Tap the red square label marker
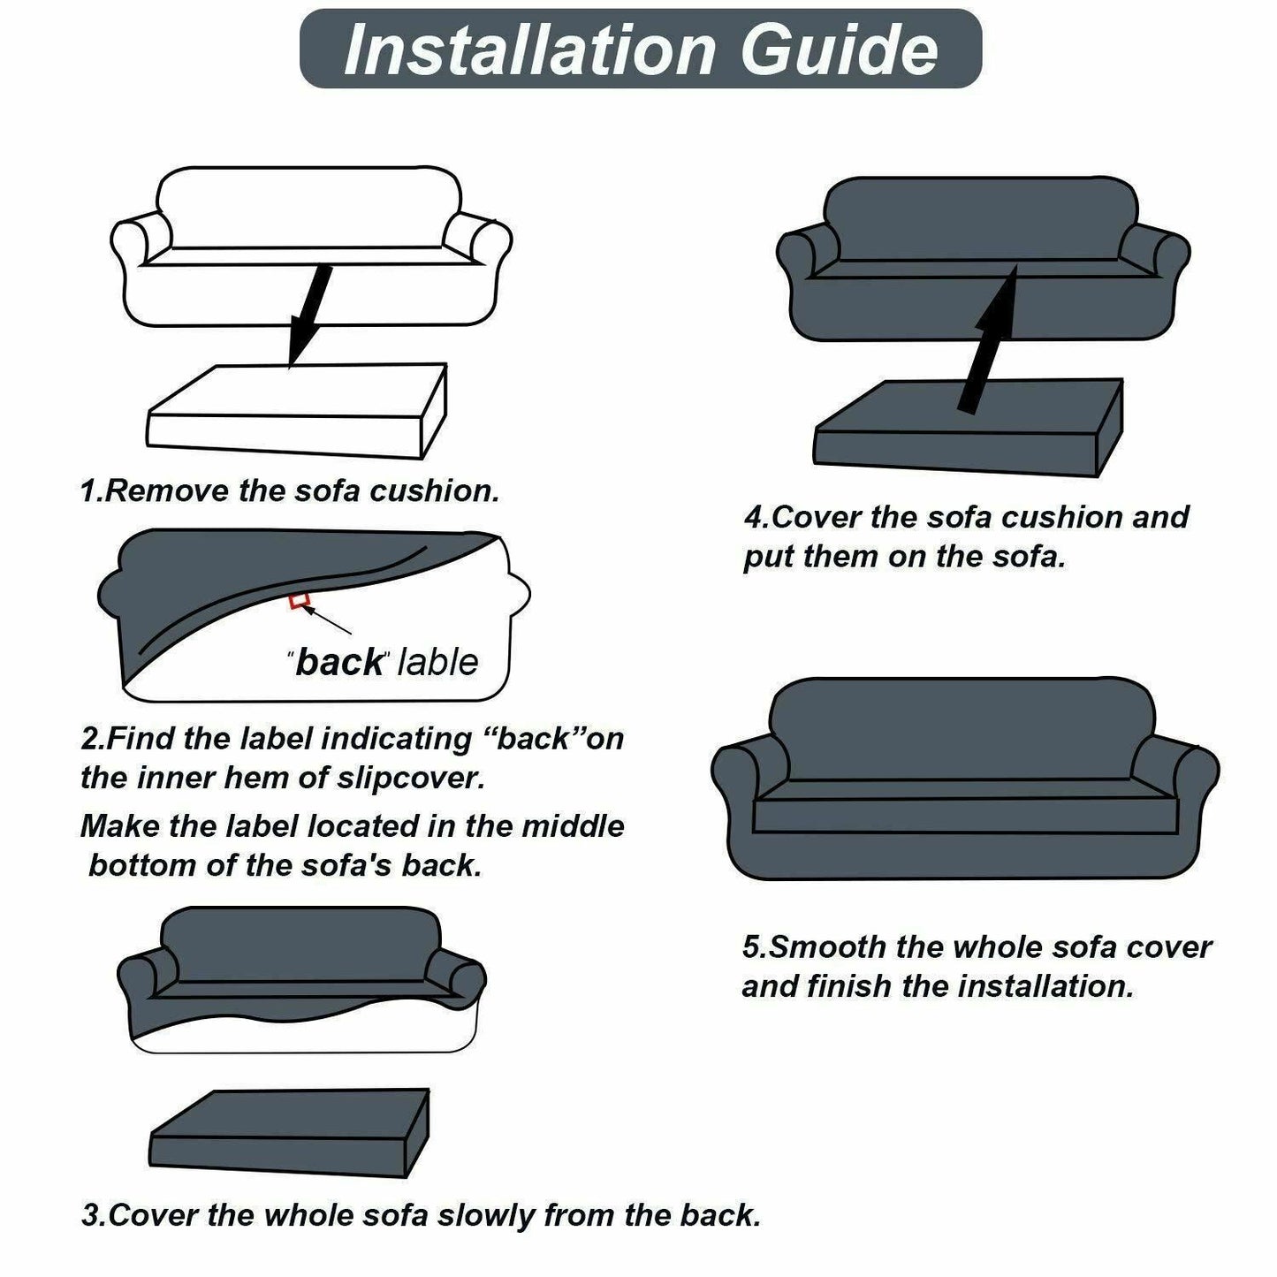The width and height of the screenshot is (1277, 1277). [x=299, y=600]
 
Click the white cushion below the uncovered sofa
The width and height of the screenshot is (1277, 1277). [x=296, y=411]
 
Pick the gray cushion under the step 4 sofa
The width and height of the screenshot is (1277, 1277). [x=967, y=428]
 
